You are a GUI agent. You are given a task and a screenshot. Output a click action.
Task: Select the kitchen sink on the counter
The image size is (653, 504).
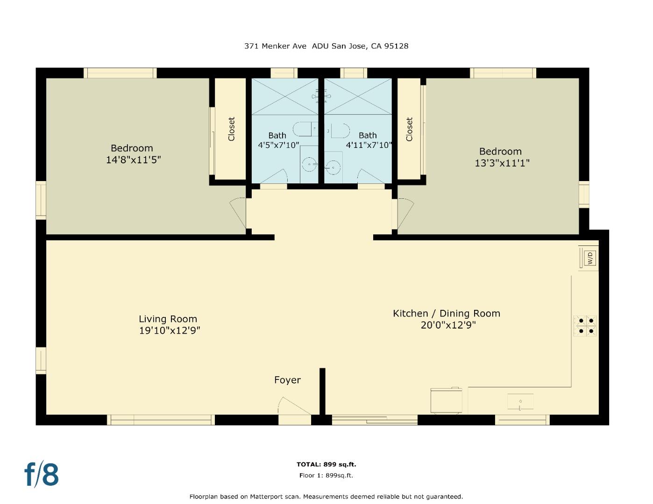pyautogui.click(x=520, y=401)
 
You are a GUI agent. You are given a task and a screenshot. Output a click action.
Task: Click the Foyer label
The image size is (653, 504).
pyautogui.click(x=287, y=380)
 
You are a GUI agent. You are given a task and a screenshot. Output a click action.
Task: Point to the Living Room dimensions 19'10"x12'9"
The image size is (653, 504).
pyautogui.click(x=170, y=330)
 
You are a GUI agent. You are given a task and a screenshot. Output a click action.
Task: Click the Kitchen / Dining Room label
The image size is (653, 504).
pyautogui.click(x=447, y=314)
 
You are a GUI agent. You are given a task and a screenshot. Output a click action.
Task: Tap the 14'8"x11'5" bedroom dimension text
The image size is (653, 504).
pyautogui.click(x=134, y=160)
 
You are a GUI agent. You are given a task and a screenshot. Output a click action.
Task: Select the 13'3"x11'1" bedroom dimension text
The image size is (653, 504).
pyautogui.click(x=502, y=163)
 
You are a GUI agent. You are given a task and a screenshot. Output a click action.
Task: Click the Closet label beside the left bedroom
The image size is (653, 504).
pyautogui.click(x=231, y=129)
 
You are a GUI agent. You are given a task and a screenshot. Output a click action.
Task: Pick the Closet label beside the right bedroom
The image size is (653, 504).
pyautogui.click(x=409, y=129)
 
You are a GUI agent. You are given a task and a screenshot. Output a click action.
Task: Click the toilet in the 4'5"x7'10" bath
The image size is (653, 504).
pyautogui.click(x=305, y=130)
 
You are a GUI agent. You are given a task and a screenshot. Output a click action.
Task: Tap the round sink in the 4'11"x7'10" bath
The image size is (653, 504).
pyautogui.click(x=333, y=167)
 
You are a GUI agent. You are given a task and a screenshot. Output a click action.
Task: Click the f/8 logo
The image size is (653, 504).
pyautogui.click(x=42, y=475)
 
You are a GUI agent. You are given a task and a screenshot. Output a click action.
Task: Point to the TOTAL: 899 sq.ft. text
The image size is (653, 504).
pyautogui.click(x=326, y=464)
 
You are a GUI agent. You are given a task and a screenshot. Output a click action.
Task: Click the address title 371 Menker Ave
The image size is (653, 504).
pyautogui.click(x=275, y=46)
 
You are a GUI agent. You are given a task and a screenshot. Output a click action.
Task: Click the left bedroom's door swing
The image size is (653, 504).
pyautogui.click(x=238, y=212)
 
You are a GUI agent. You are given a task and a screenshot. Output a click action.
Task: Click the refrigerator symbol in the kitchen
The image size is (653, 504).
pyautogui.click(x=446, y=400)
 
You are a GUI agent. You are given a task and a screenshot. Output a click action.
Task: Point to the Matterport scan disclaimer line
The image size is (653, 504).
pyautogui.click(x=326, y=497)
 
